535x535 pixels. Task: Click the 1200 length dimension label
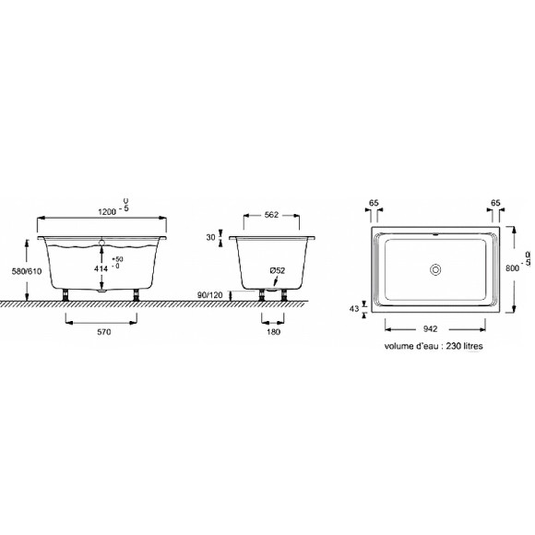107,212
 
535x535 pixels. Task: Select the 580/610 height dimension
27,271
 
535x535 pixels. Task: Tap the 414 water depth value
101,268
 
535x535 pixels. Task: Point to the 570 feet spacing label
104,332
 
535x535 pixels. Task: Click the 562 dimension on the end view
271,215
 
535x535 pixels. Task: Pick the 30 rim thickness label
211,237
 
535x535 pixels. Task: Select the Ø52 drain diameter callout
277,270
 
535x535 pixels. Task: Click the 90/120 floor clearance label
209,295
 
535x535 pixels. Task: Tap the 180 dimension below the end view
274,332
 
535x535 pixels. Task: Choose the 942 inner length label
430,329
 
